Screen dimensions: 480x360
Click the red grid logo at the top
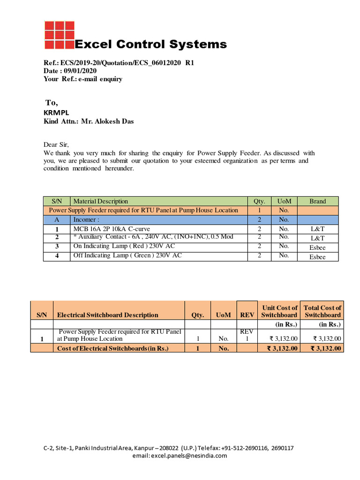tap(59, 35)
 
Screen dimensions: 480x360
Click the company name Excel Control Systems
tap(151, 45)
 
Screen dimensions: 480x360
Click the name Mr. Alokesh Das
tap(107, 121)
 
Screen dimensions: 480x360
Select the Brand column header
tap(317, 201)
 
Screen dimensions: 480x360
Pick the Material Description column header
tap(101, 201)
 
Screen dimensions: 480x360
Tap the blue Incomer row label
tap(86, 219)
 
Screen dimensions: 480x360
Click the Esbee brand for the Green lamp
tap(317, 256)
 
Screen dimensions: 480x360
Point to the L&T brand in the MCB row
tap(317, 229)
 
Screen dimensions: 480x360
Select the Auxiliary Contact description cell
tap(153, 237)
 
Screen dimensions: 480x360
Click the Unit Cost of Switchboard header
tap(279, 311)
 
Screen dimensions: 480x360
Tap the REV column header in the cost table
tap(247, 315)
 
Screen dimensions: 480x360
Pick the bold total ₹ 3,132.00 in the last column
tap(323, 348)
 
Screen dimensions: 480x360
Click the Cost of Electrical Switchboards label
tap(112, 348)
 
